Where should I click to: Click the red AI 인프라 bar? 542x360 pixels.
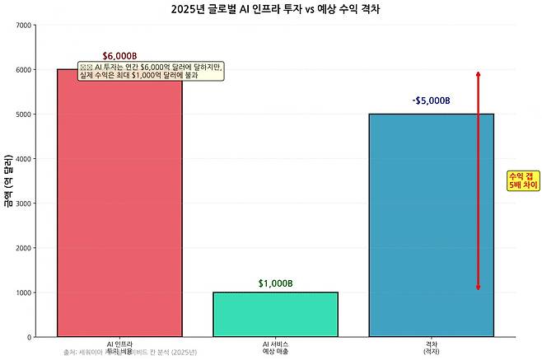click(119, 206)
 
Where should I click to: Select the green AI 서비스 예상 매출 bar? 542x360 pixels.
click(275, 314)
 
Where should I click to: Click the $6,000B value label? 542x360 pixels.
click(119, 56)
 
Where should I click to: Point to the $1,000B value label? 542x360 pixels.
click(275, 283)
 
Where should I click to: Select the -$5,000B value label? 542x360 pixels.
click(431, 101)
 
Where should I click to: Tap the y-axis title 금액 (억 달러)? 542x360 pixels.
click(7, 180)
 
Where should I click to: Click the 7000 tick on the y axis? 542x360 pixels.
click(24, 26)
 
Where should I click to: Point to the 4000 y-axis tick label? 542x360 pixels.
click(24, 159)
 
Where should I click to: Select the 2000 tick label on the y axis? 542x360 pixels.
click(24, 248)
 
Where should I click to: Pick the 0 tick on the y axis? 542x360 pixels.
click(30, 337)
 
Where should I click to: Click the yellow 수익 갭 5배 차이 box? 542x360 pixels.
click(523, 181)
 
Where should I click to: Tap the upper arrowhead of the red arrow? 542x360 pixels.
click(478, 75)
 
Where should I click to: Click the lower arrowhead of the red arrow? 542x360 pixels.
click(478, 288)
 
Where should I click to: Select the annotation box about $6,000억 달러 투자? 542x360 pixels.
click(151, 71)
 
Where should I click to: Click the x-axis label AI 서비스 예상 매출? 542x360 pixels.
click(275, 348)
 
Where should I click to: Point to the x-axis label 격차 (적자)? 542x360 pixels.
click(431, 348)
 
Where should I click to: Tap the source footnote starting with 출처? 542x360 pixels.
click(130, 353)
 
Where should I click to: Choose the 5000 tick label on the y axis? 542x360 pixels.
click(24, 115)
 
